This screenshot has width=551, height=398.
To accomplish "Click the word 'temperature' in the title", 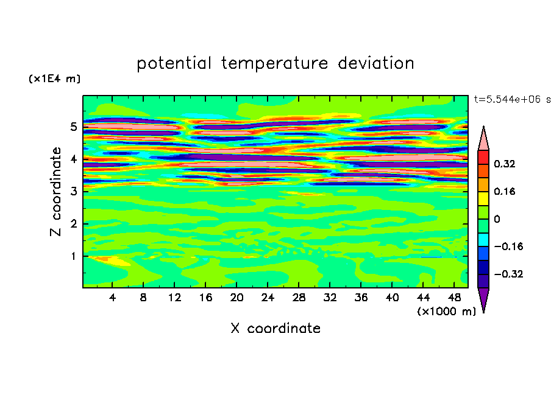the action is pyautogui.click(x=274, y=64).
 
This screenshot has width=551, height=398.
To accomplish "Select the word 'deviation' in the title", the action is pyautogui.click(x=376, y=63).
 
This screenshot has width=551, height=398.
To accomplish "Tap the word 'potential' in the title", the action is pyautogui.click(x=174, y=64).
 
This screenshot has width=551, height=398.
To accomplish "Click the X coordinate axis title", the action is pyautogui.click(x=275, y=328).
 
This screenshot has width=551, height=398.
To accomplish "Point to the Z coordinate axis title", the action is pyautogui.click(x=56, y=192).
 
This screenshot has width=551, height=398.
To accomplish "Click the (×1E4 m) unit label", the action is pyautogui.click(x=54, y=79).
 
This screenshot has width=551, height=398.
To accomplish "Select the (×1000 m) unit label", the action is pyautogui.click(x=446, y=312).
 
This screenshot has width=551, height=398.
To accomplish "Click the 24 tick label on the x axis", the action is pyautogui.click(x=268, y=298).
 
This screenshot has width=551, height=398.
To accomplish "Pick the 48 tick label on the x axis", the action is pyautogui.click(x=454, y=298).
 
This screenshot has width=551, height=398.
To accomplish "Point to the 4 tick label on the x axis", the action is pyautogui.click(x=112, y=298).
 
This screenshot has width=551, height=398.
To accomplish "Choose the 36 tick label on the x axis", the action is pyautogui.click(x=361, y=298).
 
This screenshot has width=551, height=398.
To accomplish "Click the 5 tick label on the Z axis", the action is pyautogui.click(x=73, y=127).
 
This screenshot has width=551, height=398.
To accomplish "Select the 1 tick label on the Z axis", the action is pyautogui.click(x=73, y=256).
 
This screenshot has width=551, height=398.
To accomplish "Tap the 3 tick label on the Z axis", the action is pyautogui.click(x=73, y=192).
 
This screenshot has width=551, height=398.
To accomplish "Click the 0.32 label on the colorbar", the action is pyautogui.click(x=505, y=164).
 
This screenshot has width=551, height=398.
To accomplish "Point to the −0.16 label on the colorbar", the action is pyautogui.click(x=508, y=246).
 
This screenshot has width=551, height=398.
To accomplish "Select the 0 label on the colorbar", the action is pyautogui.click(x=497, y=219).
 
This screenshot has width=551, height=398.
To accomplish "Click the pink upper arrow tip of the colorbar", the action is pyautogui.click(x=483, y=127).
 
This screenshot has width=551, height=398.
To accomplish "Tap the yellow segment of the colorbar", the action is pyautogui.click(x=483, y=198).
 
